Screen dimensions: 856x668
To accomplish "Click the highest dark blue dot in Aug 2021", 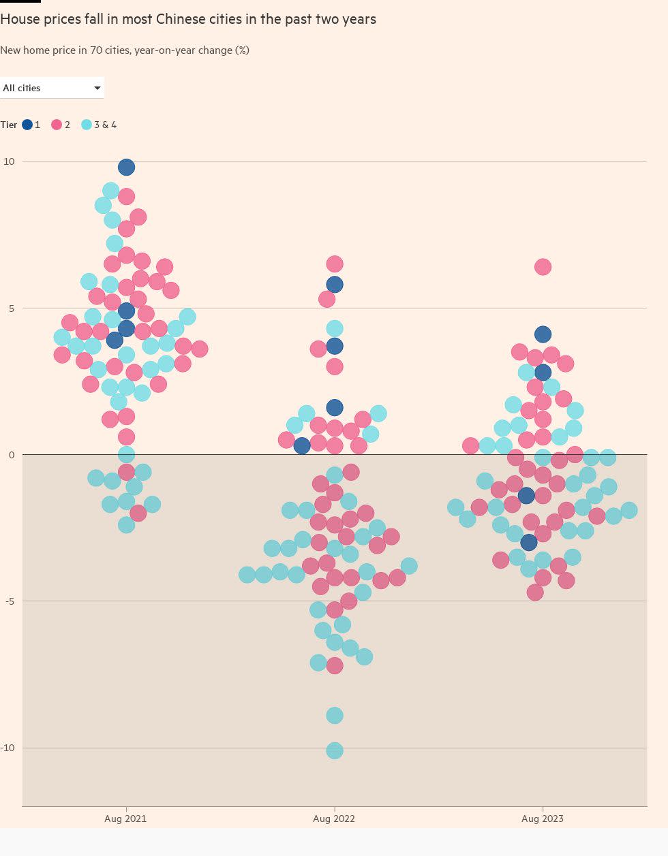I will point(126,167).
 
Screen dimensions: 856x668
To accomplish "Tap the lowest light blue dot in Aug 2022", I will point(335,750).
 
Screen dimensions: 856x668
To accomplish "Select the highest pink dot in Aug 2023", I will point(543,267).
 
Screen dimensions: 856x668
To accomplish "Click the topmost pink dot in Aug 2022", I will point(335,264).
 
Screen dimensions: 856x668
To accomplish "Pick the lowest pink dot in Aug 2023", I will point(535,592).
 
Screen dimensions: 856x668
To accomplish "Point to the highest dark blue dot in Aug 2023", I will point(543,334).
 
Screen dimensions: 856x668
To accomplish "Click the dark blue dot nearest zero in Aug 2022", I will point(302,446).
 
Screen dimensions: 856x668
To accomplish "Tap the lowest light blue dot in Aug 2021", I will point(126,524).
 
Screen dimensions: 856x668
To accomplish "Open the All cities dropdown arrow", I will point(97,88).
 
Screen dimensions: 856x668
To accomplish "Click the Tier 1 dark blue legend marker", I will point(27,125).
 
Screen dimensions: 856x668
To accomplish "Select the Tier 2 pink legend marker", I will point(57,125).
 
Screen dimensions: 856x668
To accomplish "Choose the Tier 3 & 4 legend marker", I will point(87,125).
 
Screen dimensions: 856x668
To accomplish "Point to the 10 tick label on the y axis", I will point(9,161).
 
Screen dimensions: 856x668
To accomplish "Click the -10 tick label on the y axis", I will point(7,748).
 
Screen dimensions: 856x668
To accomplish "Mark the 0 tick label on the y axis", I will point(12,455).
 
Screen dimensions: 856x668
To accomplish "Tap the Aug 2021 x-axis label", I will point(125,819).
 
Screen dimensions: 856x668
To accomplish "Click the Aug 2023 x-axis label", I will point(543,819).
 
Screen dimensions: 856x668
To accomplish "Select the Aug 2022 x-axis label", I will point(334,819).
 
